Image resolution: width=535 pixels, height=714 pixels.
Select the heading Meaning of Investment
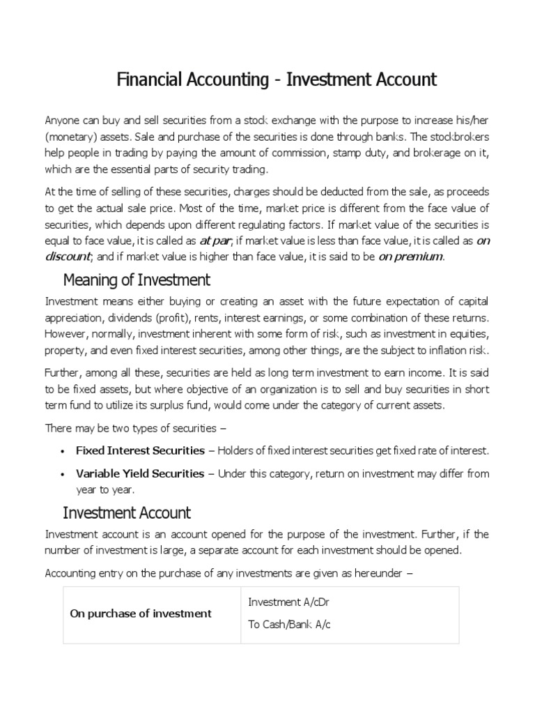[x=137, y=280]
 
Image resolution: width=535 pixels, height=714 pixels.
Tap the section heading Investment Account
[x=127, y=513]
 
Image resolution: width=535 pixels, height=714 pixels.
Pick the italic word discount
[x=68, y=257]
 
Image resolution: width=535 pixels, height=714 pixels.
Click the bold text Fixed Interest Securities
[x=140, y=450]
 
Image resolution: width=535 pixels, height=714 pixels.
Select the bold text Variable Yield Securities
[x=140, y=473]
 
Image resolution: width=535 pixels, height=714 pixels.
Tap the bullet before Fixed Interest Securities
[x=63, y=451]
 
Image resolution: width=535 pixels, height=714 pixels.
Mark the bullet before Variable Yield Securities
[x=63, y=474]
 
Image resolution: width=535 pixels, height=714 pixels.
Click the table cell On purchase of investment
[x=141, y=614]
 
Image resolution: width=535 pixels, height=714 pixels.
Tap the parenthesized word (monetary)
[x=70, y=135]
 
